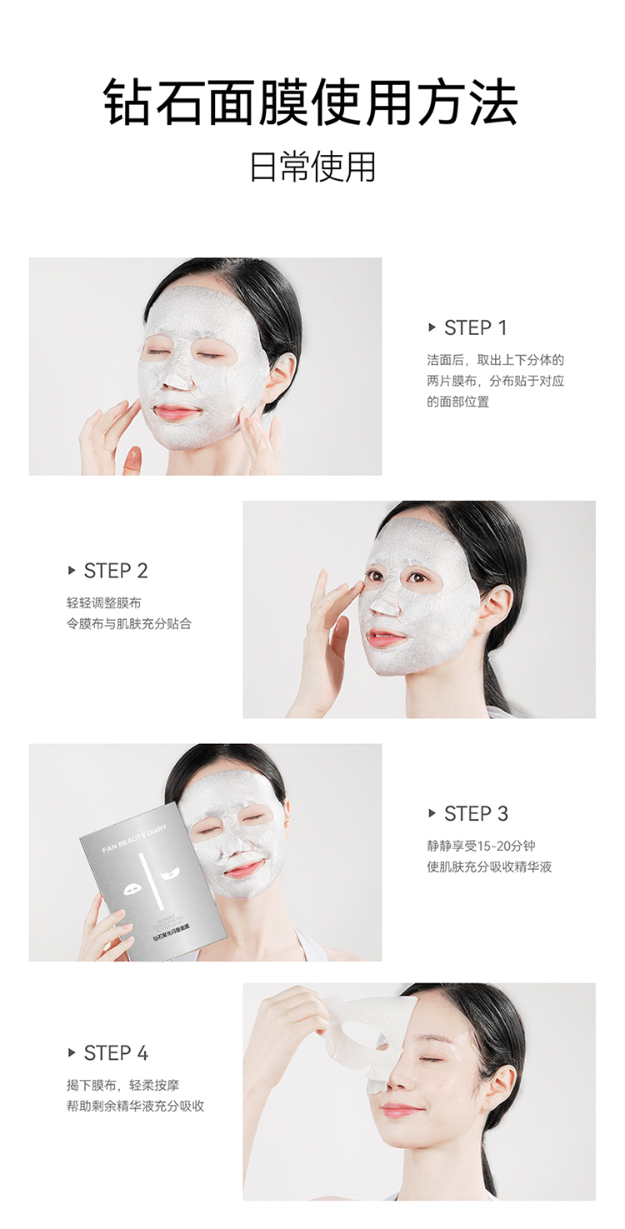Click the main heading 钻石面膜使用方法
coord(312,104)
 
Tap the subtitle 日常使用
coord(312,167)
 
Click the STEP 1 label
coord(475,327)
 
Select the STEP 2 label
coord(116,571)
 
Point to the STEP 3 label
coord(476,814)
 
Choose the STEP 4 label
coord(116,1053)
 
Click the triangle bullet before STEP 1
coord(432,327)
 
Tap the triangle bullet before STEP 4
coord(72,1053)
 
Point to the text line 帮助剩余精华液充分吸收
coord(136,1106)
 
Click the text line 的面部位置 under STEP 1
coord(457,402)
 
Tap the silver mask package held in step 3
coord(154,883)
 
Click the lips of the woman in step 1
coord(177,412)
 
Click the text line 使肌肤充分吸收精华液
coord(489,867)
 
